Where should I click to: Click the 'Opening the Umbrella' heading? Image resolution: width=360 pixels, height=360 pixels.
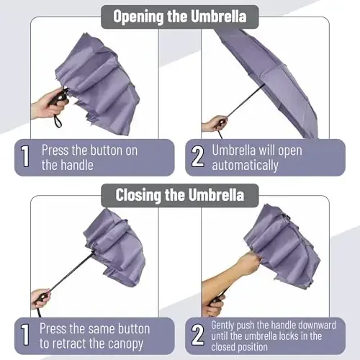click(x=180, y=16)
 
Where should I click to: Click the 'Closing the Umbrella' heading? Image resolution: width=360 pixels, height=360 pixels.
click(x=180, y=194)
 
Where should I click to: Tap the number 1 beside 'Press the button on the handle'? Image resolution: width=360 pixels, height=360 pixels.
click(x=26, y=158)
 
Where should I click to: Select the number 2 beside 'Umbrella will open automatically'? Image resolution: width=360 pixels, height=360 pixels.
click(x=197, y=158)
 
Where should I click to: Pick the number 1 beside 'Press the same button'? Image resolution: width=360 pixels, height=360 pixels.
click(x=26, y=336)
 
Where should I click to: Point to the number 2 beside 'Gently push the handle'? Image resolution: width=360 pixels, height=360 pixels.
click(x=197, y=336)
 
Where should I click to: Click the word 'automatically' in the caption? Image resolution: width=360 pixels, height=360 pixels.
click(x=245, y=166)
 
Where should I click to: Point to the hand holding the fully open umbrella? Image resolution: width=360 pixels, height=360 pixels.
click(x=213, y=124)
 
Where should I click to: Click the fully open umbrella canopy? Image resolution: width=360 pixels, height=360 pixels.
click(x=274, y=72)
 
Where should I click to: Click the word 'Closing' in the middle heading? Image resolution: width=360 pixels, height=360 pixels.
click(x=137, y=194)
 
